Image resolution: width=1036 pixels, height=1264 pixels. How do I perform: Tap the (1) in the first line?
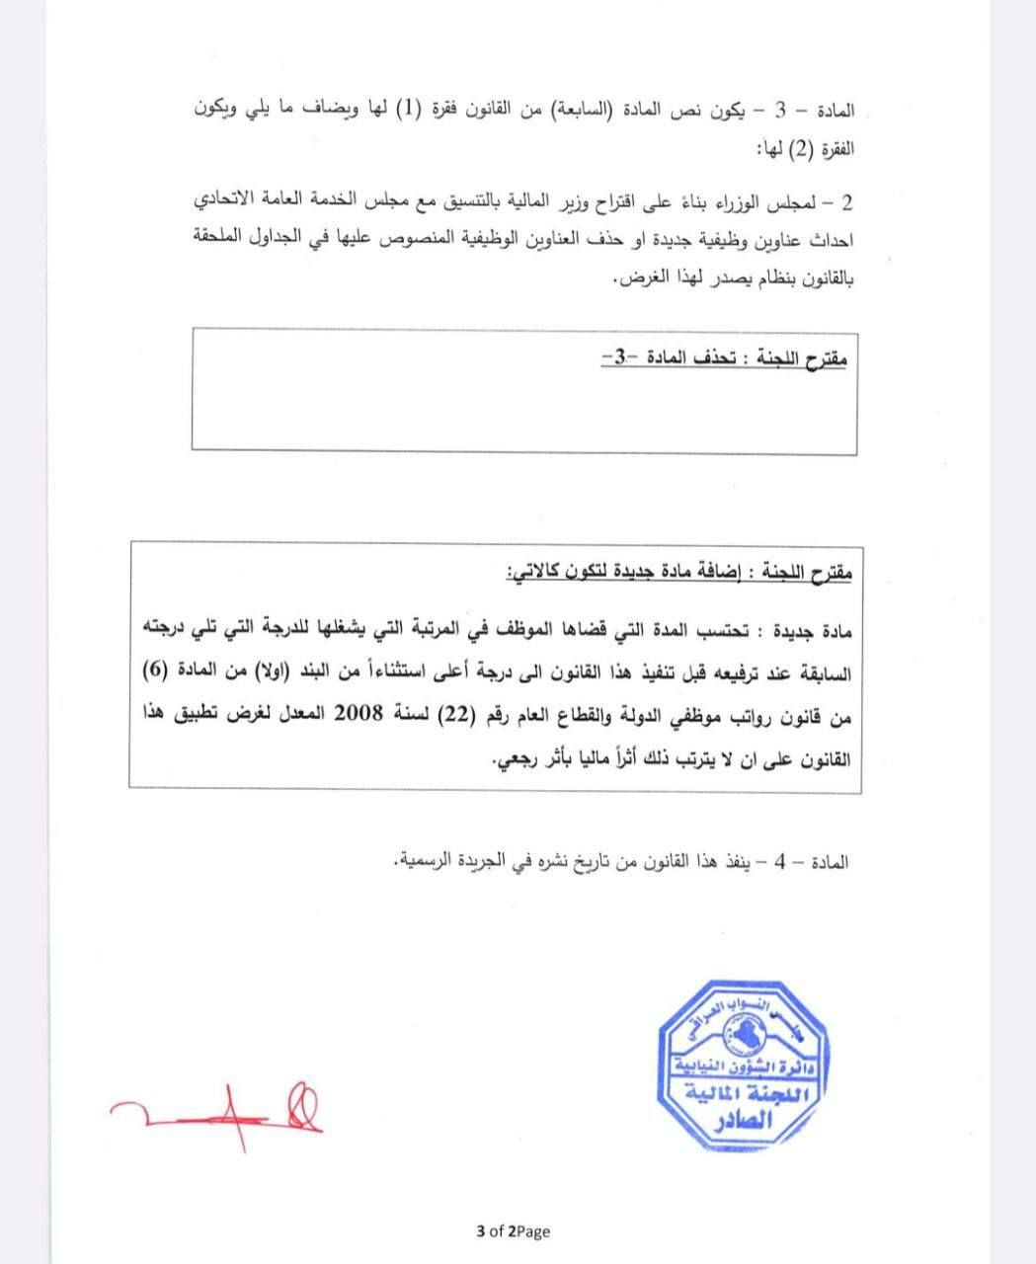407,110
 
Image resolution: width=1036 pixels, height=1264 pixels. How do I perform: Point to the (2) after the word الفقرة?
804,150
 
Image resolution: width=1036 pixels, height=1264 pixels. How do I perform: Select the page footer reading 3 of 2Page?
513,1230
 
